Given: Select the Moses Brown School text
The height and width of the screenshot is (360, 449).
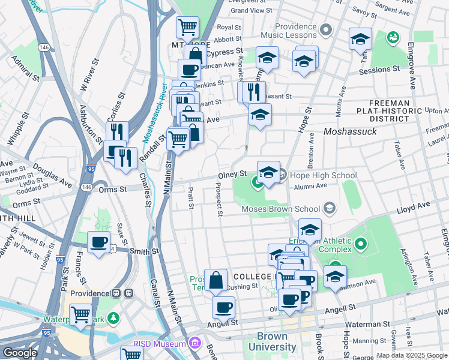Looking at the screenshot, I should [280, 209].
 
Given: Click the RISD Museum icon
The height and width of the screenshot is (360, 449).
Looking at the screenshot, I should [194, 344].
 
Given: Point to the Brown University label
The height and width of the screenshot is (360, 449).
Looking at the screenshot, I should [277, 341].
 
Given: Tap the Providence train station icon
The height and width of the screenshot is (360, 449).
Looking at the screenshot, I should [128, 293].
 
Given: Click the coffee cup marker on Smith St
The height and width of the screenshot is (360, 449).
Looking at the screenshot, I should [99, 243].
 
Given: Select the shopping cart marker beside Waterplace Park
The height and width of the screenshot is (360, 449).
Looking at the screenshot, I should [80, 314].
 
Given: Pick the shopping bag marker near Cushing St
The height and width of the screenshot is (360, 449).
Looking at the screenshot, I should [215, 280].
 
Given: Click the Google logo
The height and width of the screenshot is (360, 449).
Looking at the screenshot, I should [20, 353].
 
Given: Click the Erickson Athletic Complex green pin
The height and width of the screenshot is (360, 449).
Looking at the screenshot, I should [360, 244].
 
